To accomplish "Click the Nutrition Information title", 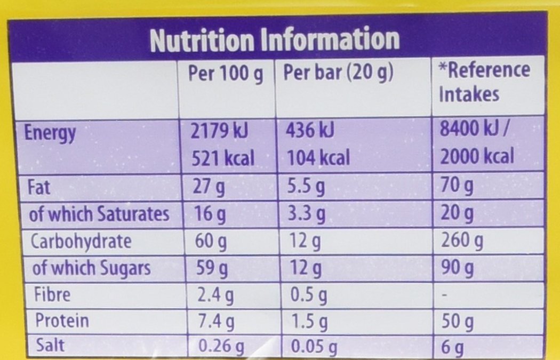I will (275, 39).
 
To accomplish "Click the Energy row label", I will (50, 133).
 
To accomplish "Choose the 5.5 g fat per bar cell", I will (307, 188).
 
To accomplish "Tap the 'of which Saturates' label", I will (99, 214).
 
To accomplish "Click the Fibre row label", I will (52, 294).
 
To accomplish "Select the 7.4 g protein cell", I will (215, 322).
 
